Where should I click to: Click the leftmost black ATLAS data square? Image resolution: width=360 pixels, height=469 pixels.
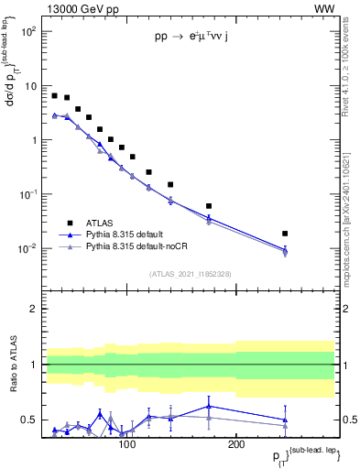[55, 95]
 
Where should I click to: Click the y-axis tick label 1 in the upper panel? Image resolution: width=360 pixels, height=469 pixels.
[35, 140]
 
